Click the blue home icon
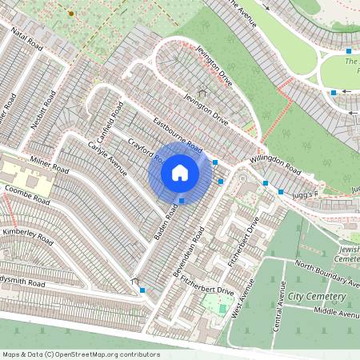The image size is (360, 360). coord(180,173)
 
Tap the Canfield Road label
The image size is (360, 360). coord(107,118)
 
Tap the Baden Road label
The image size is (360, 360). coord(166,223)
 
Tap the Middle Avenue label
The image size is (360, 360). coord(337,311)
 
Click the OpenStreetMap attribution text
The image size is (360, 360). coord(81,354)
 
